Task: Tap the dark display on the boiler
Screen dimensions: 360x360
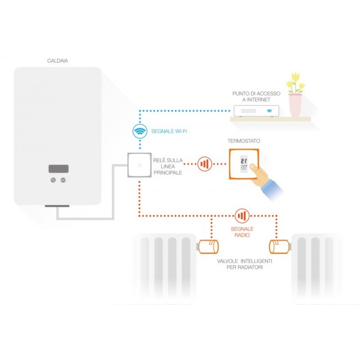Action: click(58, 168)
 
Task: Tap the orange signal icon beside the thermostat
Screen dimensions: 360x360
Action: click(205, 164)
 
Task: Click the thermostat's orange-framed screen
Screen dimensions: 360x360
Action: click(244, 163)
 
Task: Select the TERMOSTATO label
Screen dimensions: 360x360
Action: click(244, 141)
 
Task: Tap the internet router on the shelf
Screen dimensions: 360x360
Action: click(256, 111)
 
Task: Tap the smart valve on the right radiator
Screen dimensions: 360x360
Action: click(278, 246)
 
